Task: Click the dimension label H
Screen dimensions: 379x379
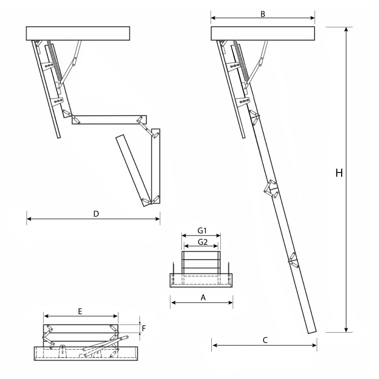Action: click(339, 173)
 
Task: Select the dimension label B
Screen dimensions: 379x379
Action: click(262, 13)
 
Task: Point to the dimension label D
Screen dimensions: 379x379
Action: click(96, 214)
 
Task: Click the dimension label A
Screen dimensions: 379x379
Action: click(203, 298)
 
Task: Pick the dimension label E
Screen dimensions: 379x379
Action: click(81, 311)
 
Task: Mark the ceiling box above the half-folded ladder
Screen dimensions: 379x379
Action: click(78, 33)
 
